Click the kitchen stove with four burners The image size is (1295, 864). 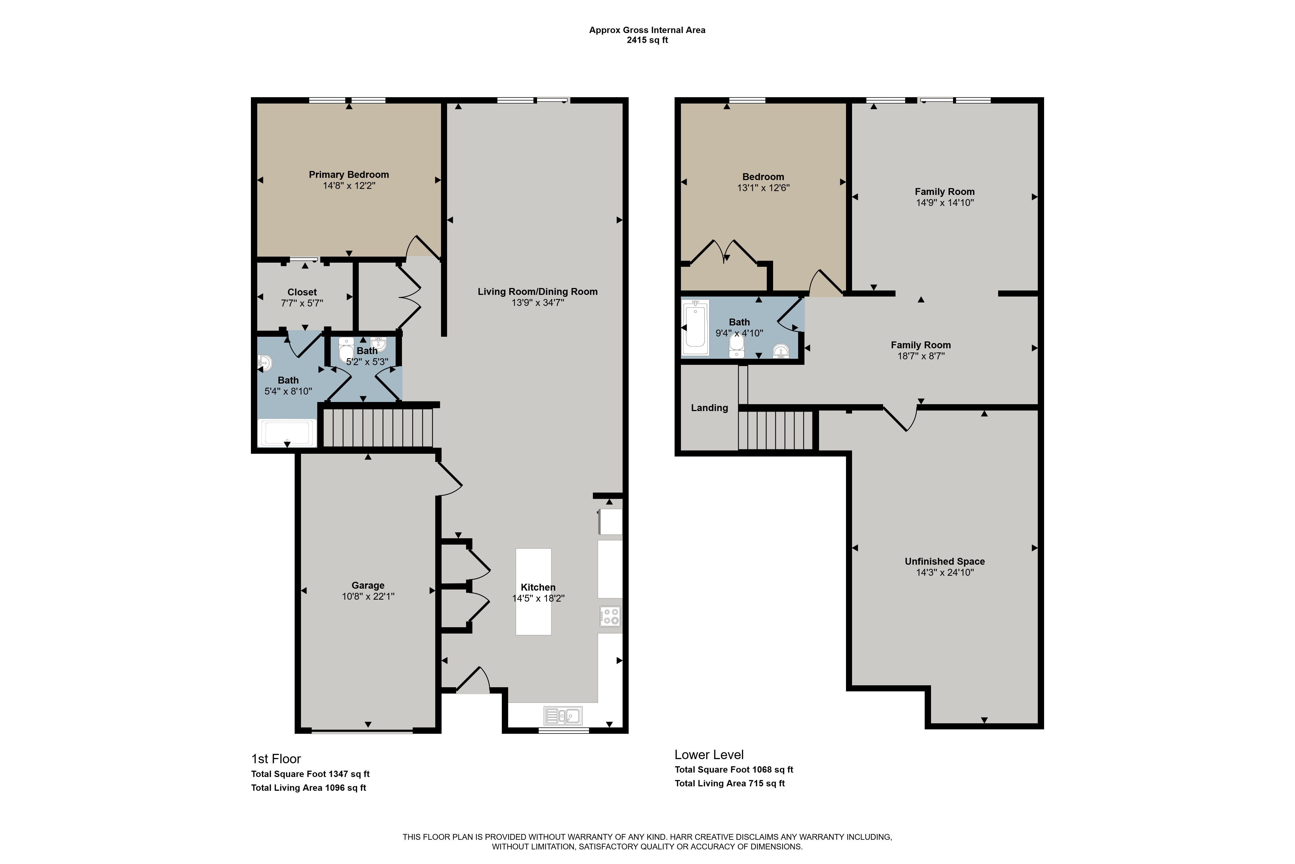[610, 616]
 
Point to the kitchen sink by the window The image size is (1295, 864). [563, 716]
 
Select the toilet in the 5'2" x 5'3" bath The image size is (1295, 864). [346, 350]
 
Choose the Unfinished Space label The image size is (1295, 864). [945, 561]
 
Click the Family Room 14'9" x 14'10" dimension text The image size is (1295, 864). [945, 203]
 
